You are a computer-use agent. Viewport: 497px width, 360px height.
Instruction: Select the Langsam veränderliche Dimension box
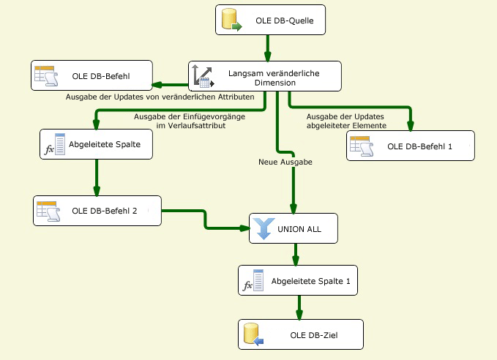[265, 76]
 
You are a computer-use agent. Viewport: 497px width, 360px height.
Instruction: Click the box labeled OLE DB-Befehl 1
[411, 146]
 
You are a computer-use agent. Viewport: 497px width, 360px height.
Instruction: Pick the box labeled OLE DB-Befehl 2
[96, 211]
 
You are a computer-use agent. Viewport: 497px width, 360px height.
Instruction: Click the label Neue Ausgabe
[286, 162]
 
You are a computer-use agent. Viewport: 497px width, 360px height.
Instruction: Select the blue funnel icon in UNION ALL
[262, 228]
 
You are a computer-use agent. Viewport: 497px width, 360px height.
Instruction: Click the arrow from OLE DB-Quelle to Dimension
[266, 48]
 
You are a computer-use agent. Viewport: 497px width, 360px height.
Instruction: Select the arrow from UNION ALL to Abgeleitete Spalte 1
[296, 254]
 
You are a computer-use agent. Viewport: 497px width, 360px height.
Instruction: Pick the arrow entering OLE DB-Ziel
[298, 308]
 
